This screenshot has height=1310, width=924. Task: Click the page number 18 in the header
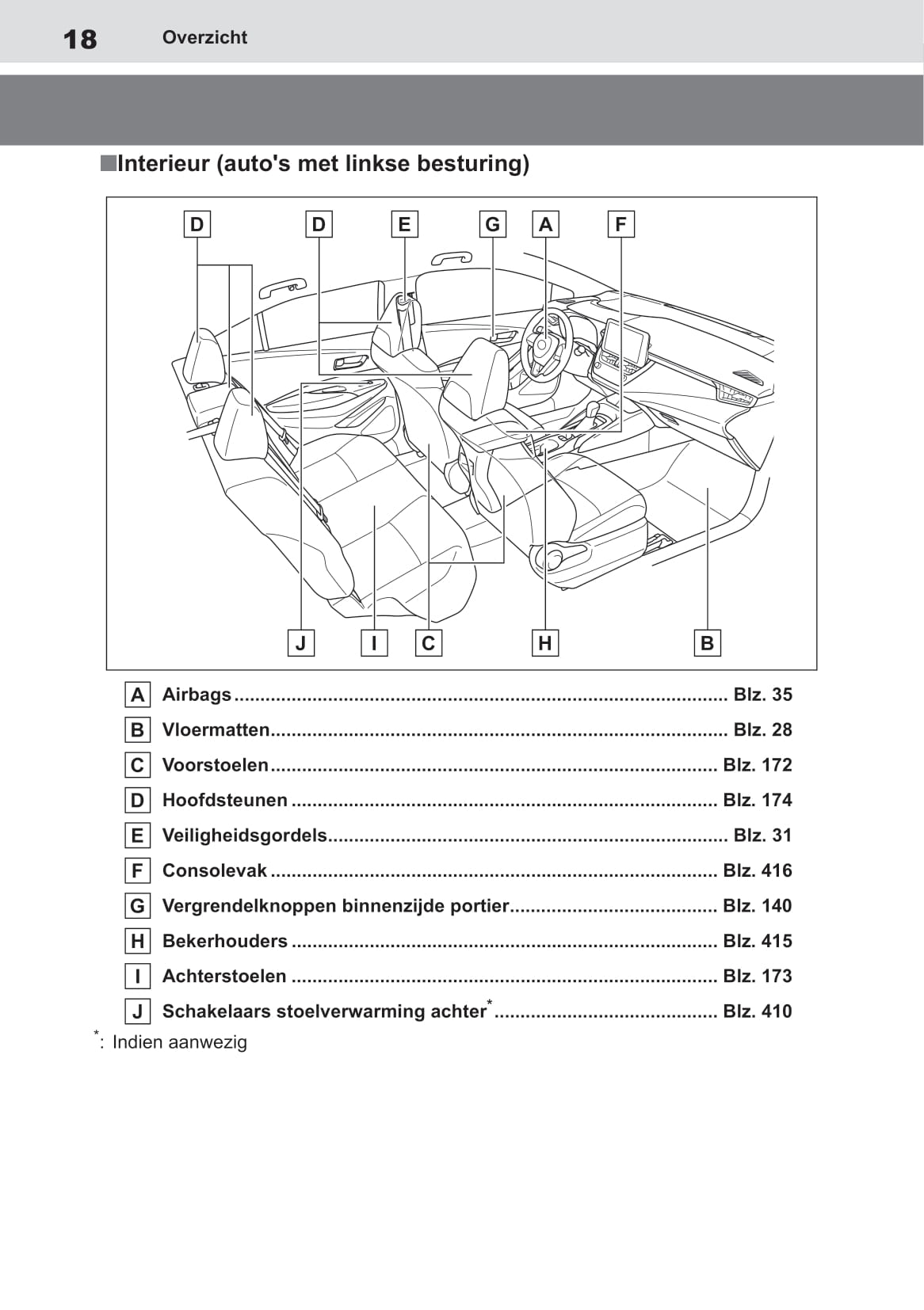point(80,39)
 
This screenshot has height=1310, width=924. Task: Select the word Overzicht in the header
point(204,37)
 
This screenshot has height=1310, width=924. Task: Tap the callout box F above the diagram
point(620,224)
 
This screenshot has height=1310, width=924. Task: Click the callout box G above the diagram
point(492,224)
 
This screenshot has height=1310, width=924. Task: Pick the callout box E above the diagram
point(404,224)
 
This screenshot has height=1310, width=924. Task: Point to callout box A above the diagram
point(545,224)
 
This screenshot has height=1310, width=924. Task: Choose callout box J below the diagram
point(300,642)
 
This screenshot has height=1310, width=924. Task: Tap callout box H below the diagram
point(544,642)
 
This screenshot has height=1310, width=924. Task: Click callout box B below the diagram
point(707,642)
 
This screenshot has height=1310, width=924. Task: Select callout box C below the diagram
point(428,642)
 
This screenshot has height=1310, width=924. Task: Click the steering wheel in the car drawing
point(546,345)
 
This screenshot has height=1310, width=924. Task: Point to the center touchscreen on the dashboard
point(625,342)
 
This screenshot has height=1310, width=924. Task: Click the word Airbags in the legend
point(197,695)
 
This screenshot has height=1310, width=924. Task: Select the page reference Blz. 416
point(757,870)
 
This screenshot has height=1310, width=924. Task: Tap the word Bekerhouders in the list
point(224,941)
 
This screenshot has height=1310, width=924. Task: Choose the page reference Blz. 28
point(762,729)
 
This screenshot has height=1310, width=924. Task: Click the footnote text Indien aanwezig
point(179,1042)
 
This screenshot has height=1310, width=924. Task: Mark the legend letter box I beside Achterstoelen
point(137,977)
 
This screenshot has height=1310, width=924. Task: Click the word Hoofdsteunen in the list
point(224,800)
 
